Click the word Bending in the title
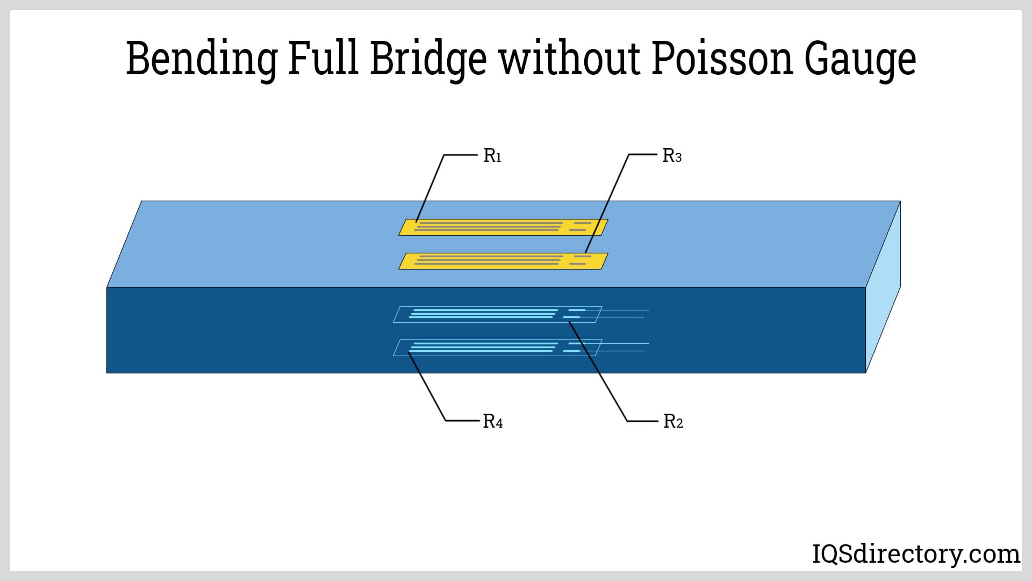click(x=201, y=58)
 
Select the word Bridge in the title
click(x=428, y=58)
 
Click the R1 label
click(x=492, y=156)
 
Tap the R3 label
click(x=672, y=156)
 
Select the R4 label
click(x=493, y=421)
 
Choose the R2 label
click(x=673, y=421)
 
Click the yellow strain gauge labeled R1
click(x=503, y=227)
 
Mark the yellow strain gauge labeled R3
click(x=503, y=261)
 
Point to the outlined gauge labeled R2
click(x=497, y=314)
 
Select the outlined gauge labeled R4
click(x=497, y=348)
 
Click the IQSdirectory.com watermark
click(x=915, y=554)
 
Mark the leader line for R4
click(x=427, y=386)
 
